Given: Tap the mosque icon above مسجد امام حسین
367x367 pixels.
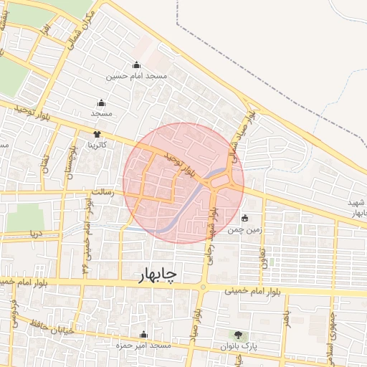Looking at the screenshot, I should (x=136, y=65).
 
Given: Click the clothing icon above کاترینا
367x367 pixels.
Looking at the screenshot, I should (x=97, y=134).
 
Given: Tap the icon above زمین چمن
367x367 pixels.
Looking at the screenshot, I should (x=245, y=218).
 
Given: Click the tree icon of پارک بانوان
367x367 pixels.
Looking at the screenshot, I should (x=237, y=335).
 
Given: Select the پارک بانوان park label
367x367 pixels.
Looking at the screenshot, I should (x=237, y=346).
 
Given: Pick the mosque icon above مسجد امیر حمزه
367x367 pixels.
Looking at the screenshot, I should (x=144, y=335).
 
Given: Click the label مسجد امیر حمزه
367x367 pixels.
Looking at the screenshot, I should (x=144, y=346).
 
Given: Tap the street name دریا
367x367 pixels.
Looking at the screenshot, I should (x=34, y=234).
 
